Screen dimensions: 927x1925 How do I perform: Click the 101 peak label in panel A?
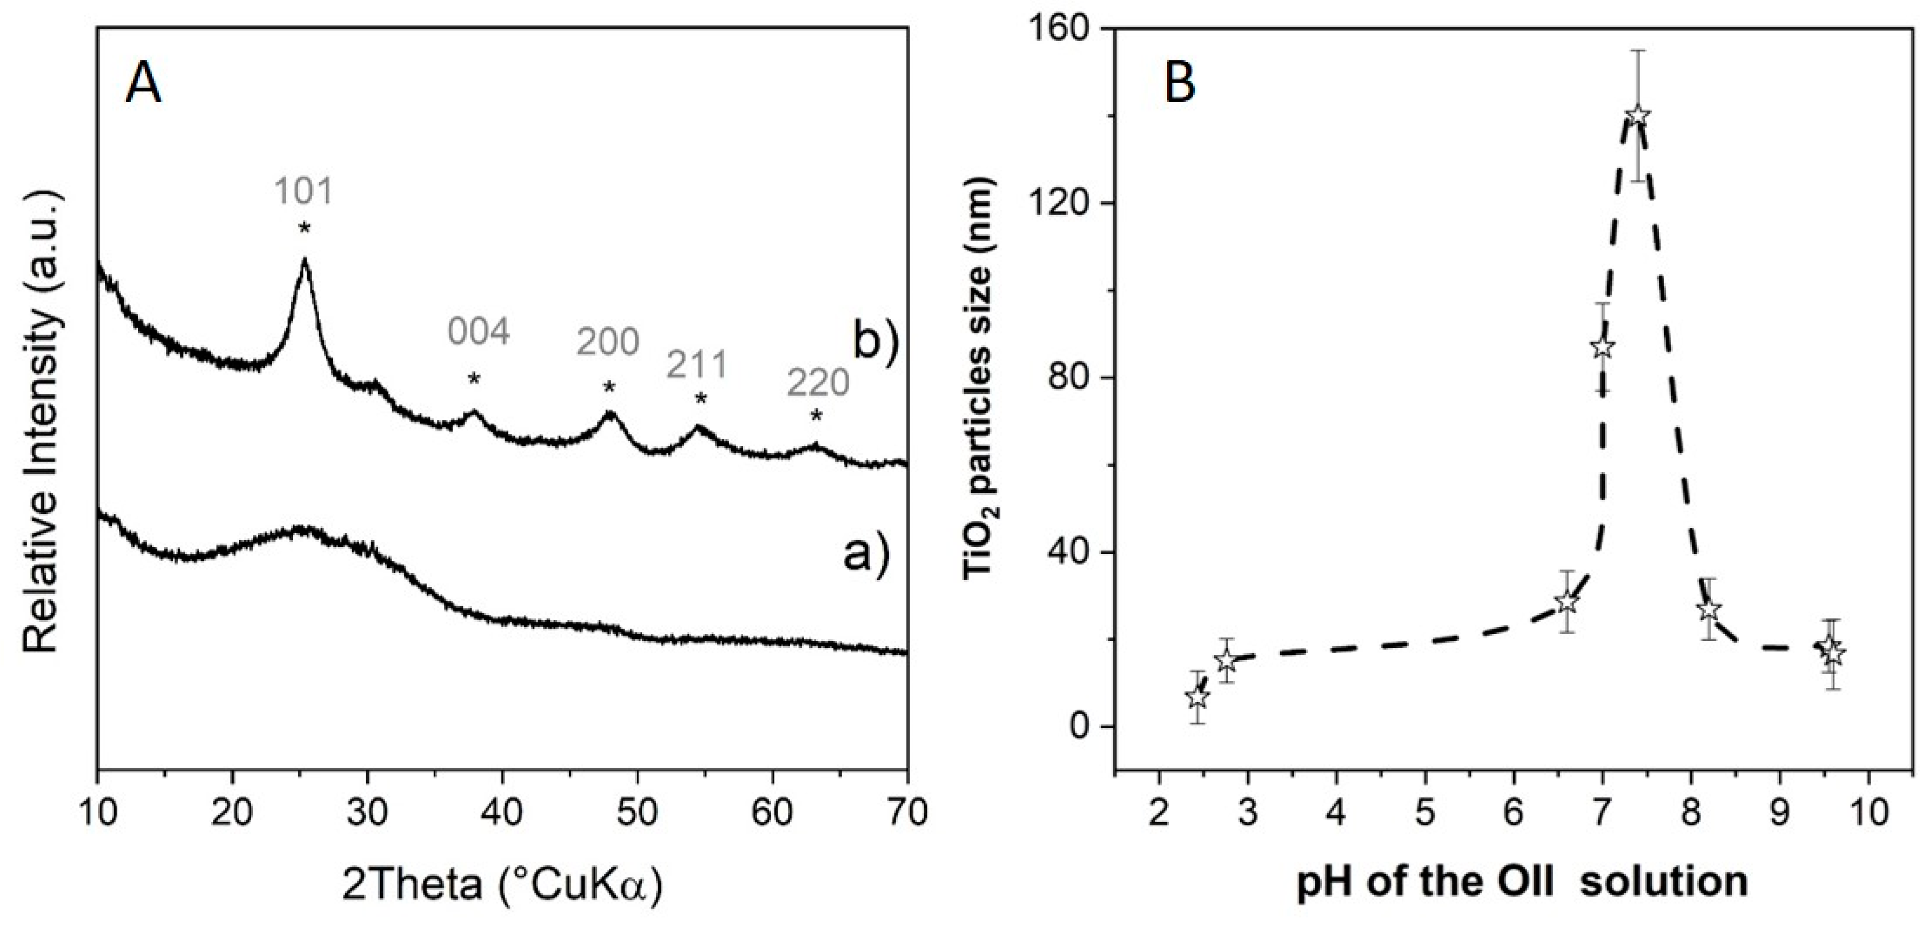302,192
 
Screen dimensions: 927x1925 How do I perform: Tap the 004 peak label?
479,332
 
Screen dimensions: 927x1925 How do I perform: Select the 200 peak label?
608,343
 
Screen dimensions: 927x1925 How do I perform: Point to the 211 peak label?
697,366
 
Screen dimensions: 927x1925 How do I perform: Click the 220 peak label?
818,384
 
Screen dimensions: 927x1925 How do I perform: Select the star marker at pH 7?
1601,347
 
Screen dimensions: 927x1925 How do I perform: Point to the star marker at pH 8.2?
1708,610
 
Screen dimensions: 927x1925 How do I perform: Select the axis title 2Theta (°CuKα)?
502,886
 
